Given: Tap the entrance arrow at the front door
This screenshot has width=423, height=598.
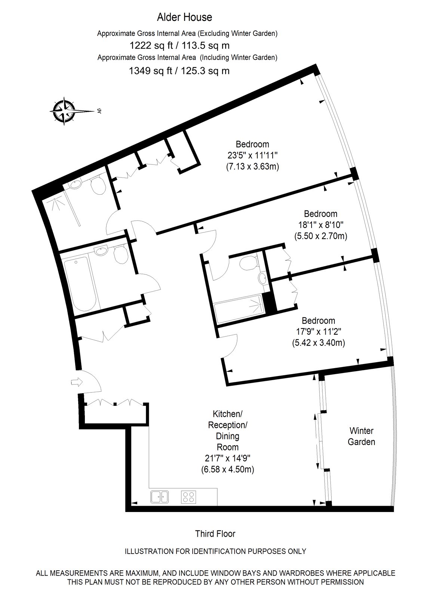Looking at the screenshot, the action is coord(77,382).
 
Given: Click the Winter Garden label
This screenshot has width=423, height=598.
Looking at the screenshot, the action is coord(361,436).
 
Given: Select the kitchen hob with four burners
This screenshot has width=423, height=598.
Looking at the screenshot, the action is coord(188,497).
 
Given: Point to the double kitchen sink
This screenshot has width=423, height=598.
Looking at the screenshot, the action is coord(160,497).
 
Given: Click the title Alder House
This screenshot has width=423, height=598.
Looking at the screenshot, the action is coord(184,17).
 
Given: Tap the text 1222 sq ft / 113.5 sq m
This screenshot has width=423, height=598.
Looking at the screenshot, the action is coord(180,46).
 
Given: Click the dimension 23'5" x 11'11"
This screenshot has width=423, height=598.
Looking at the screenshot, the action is coord(252,155).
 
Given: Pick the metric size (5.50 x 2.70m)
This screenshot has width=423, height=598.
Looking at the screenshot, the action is coord(321,236).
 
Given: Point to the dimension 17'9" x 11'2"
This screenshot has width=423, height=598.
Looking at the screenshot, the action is coord(319,332).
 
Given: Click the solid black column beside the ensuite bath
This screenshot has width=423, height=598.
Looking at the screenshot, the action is coord(269,303).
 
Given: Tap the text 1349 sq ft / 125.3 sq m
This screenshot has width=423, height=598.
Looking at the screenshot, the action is coord(179,71).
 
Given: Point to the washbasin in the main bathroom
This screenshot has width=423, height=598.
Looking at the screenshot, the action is coord(101,251).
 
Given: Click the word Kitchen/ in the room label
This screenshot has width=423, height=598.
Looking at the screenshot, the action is coord(228,414).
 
